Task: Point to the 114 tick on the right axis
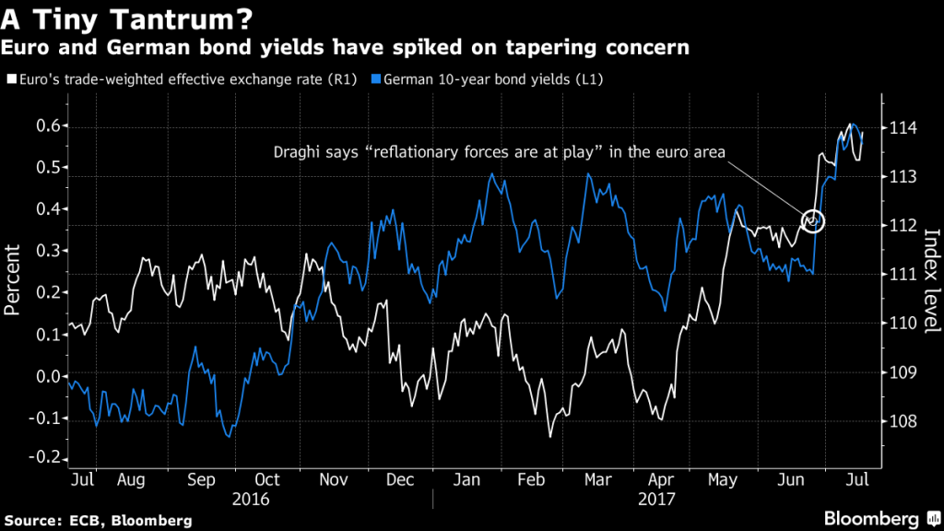(906, 127)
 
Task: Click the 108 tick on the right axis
(906, 421)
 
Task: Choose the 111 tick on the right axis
(906, 275)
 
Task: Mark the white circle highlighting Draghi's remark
(812, 220)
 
